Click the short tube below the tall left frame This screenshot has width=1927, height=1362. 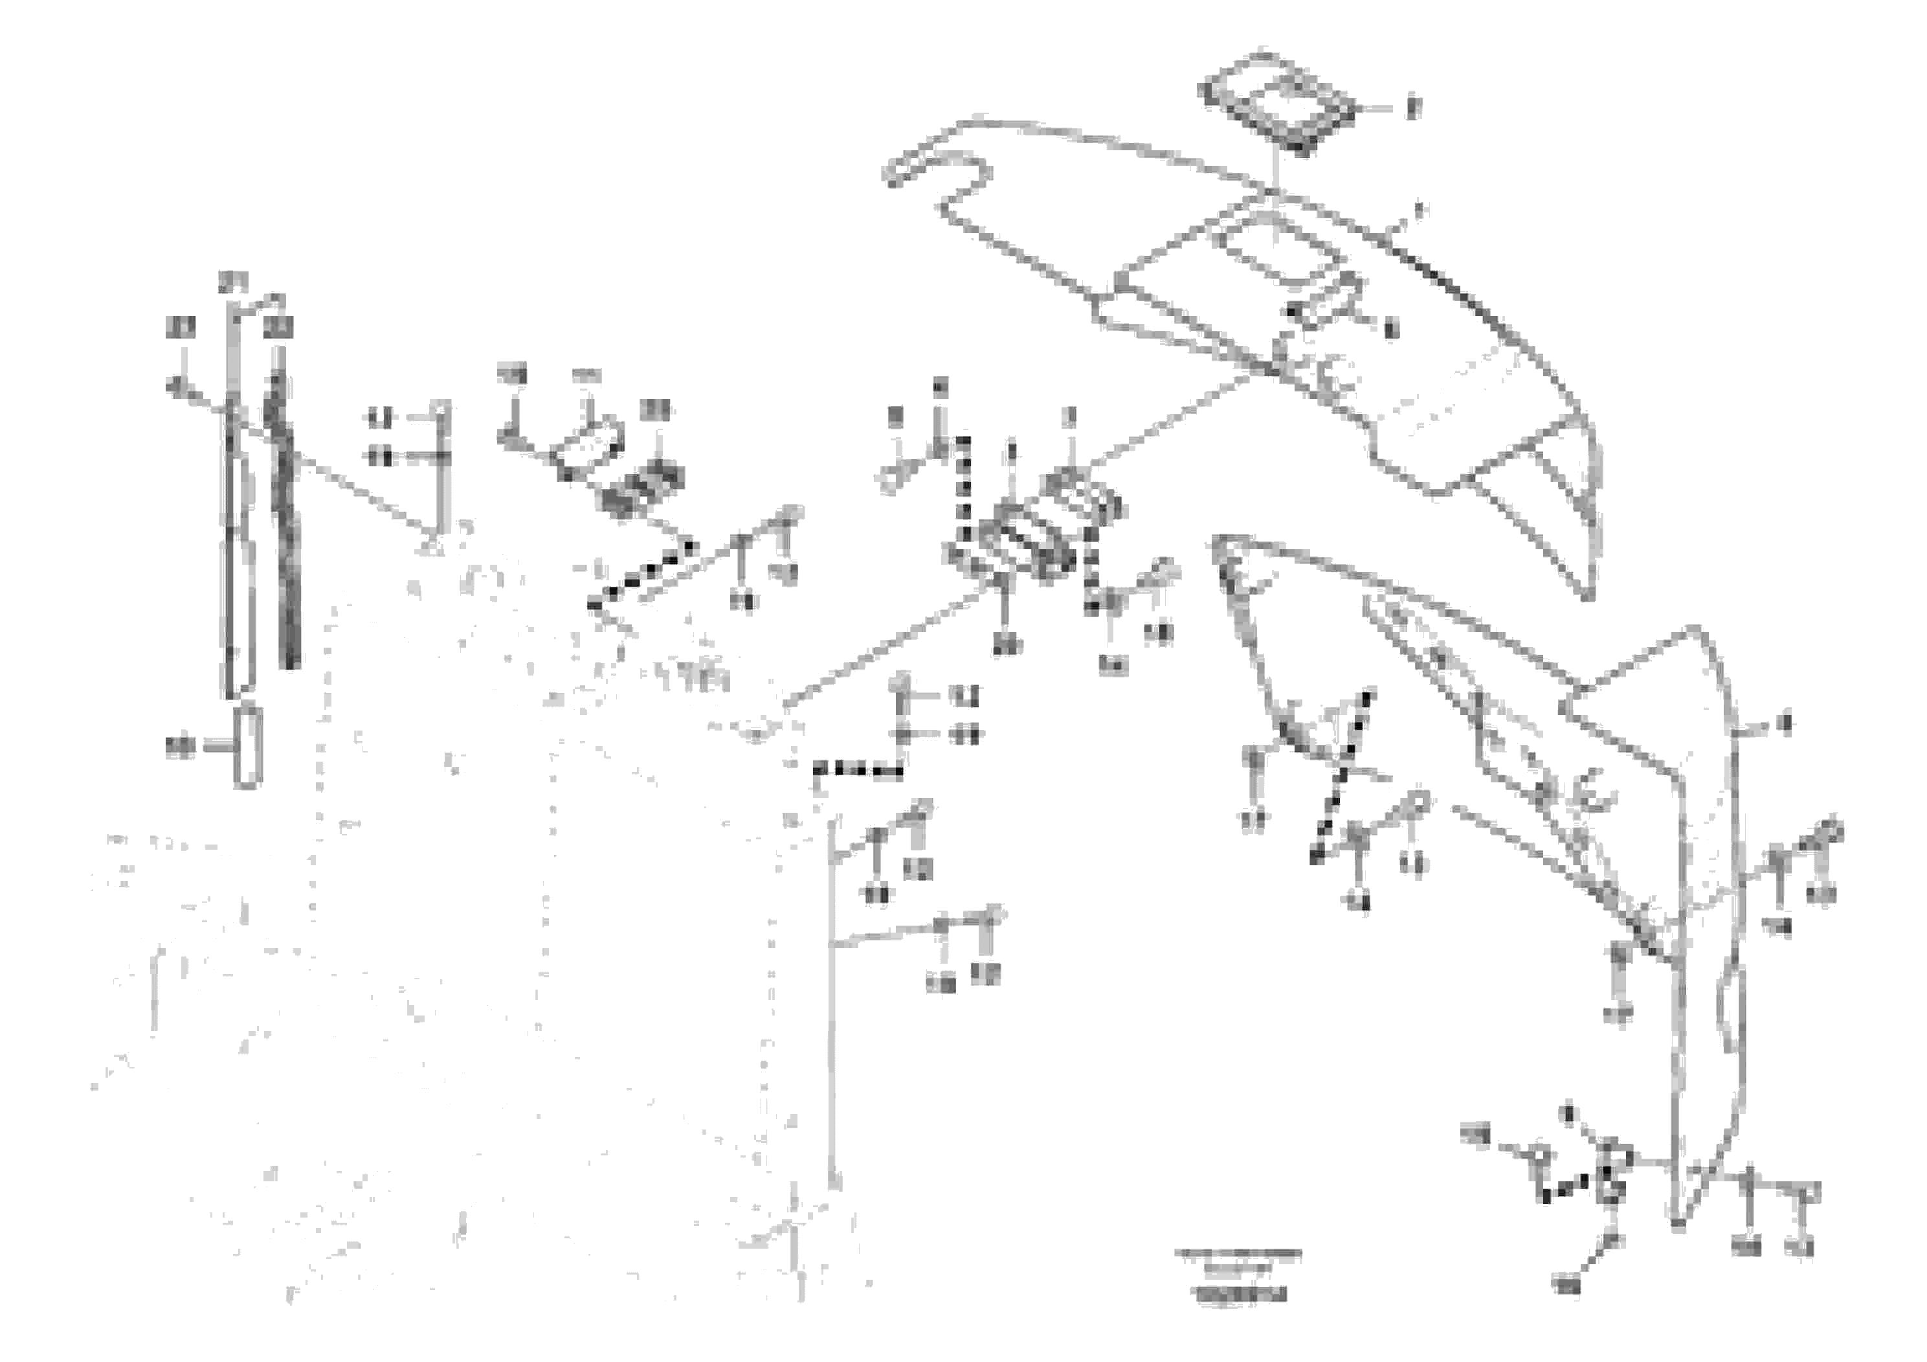[247, 747]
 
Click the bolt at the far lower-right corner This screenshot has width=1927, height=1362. [1806, 1193]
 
